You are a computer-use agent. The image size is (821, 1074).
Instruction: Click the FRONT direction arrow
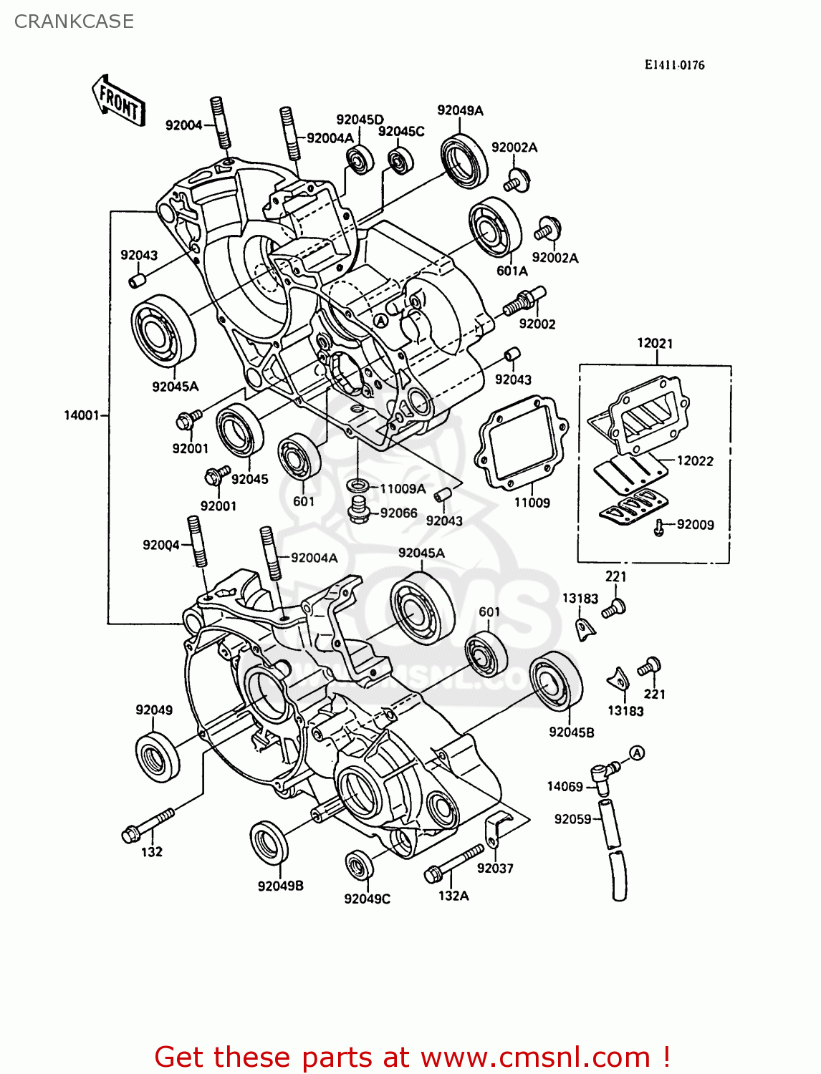coord(119,101)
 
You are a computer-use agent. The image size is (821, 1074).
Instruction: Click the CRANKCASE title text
coord(74,21)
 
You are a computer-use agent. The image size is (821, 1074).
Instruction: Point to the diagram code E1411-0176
coord(674,65)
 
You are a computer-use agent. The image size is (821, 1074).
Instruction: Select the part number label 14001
coord(82,415)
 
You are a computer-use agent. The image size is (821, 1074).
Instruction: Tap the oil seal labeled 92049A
coord(464,160)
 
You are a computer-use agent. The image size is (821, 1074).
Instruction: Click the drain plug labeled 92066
coord(359,511)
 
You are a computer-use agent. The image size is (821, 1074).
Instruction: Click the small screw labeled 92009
coord(658,528)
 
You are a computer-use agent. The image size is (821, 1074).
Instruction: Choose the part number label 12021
coord(655,343)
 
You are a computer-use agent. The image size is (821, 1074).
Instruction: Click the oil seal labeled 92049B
coord(269,843)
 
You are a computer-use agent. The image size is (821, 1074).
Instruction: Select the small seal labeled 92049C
coord(359,866)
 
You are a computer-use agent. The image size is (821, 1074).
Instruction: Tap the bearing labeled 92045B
coord(556,681)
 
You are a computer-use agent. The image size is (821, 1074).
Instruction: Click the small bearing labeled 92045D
coord(359,158)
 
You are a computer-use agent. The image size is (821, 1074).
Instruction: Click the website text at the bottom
coord(412,1057)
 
